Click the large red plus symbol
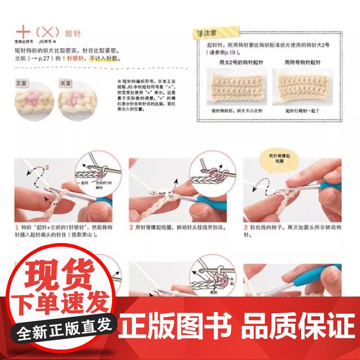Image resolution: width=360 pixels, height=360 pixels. coord(23,32)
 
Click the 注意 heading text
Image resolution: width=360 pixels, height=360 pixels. coord(210,33)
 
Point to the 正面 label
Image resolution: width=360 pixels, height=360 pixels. coord(22,83)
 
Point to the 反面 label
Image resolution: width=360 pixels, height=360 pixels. coord(66,83)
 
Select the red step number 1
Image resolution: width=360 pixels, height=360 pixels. coord(16,228)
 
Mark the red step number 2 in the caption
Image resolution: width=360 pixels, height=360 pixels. coord(131,228)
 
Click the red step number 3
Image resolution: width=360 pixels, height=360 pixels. coord(246,228)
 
